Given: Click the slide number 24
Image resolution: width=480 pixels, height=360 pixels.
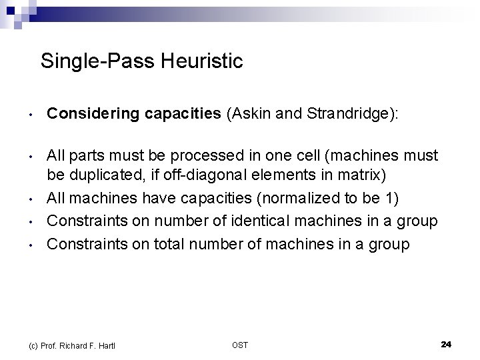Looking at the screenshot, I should (446, 344).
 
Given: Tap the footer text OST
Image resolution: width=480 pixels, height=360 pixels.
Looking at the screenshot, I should (240, 345).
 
